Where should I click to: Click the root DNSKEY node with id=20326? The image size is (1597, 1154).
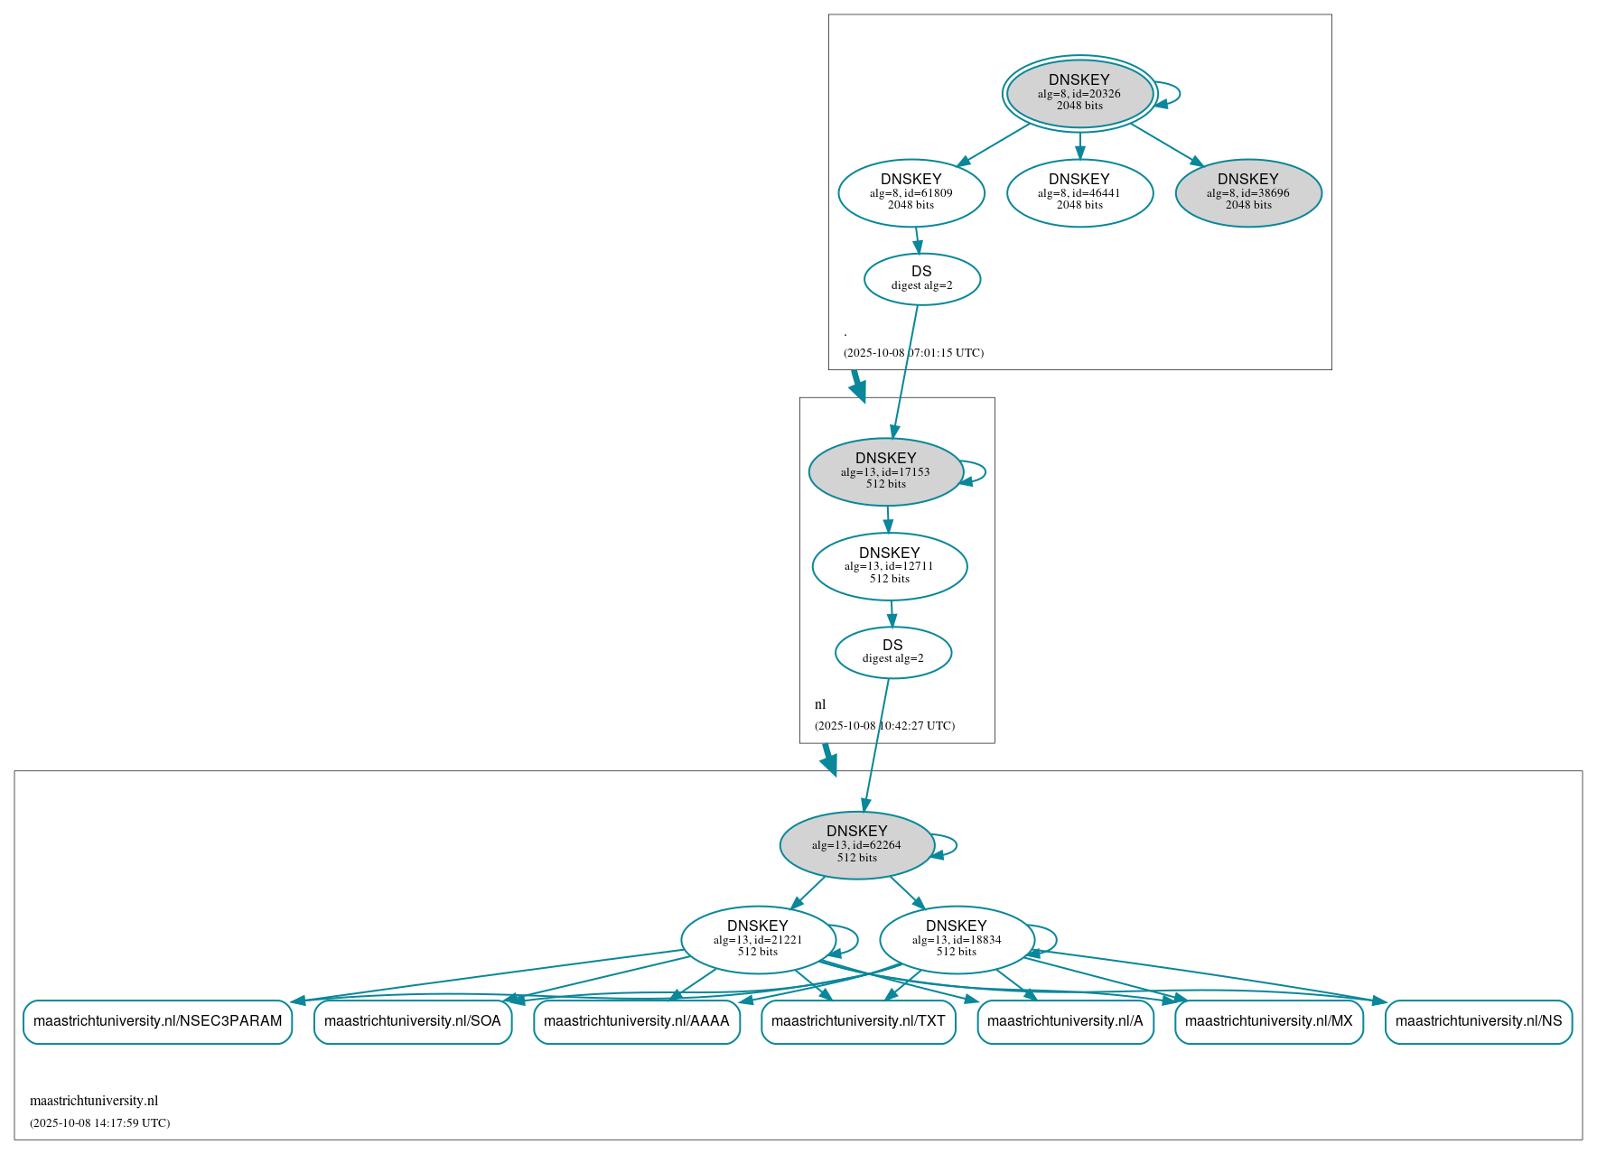tap(1079, 93)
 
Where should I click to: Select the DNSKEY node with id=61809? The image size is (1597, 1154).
tap(911, 192)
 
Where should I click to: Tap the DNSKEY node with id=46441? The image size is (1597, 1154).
tap(1079, 192)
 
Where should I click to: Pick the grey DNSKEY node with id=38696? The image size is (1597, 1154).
tap(1248, 192)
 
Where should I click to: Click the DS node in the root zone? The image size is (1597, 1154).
tap(921, 278)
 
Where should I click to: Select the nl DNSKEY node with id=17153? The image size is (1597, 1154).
tap(885, 471)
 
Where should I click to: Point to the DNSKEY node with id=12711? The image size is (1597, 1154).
tap(889, 566)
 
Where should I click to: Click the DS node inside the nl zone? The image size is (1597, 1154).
tap(892, 652)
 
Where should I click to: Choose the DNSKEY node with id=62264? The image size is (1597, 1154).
tap(856, 844)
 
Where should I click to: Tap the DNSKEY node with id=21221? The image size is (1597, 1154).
tap(757, 939)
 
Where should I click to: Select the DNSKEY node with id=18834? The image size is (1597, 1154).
tap(956, 939)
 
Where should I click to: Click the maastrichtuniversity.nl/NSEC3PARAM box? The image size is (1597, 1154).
tap(157, 1021)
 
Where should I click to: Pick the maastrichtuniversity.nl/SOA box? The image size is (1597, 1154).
tap(412, 1021)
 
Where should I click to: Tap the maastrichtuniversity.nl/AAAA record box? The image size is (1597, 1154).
tap(636, 1021)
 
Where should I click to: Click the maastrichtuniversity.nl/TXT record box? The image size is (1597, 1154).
tap(857, 1021)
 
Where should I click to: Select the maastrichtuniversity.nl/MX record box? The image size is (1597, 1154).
tap(1268, 1021)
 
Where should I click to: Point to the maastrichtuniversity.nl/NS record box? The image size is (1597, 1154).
tap(1478, 1021)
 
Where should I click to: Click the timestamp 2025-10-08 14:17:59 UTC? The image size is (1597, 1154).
tap(99, 1123)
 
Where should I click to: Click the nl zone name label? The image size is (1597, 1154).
tap(820, 704)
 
